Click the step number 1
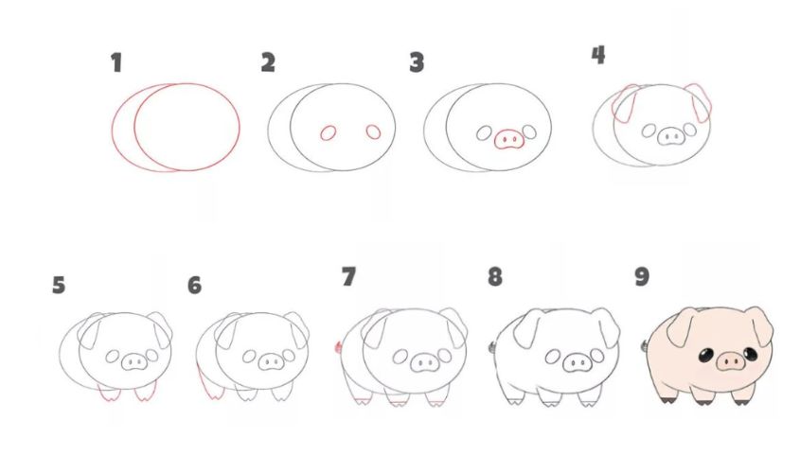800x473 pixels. [x=116, y=62]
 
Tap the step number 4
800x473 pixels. [x=598, y=55]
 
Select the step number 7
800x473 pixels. [x=348, y=277]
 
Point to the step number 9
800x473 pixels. [x=642, y=276]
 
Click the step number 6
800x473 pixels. [x=194, y=286]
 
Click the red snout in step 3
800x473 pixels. [x=509, y=139]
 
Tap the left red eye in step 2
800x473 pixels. [x=329, y=133]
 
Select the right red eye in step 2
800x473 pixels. [x=373, y=132]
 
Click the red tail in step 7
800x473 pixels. [x=338, y=347]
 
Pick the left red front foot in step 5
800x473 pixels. [x=109, y=394]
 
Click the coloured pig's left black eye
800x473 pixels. [x=705, y=356]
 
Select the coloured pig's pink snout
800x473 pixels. [x=731, y=361]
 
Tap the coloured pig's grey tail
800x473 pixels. [x=645, y=346]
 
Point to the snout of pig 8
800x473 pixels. [x=577, y=363]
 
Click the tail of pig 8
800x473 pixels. [x=492, y=347]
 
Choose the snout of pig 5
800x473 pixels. [x=134, y=362]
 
